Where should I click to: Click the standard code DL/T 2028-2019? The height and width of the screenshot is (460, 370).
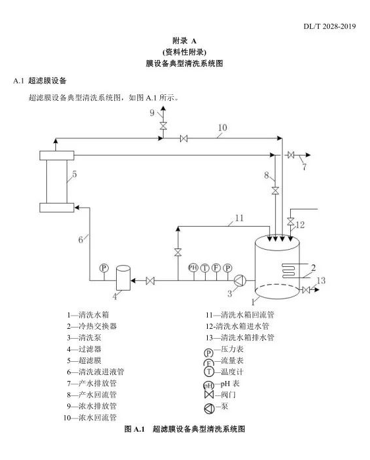pyautogui.click(x=330, y=26)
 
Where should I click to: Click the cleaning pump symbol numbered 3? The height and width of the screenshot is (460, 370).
pyautogui.click(x=240, y=281)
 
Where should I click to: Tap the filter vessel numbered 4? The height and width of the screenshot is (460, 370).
pyautogui.click(x=123, y=278)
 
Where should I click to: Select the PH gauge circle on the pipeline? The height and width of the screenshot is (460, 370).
pyautogui.click(x=193, y=268)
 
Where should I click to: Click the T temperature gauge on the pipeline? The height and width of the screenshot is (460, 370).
pyautogui.click(x=204, y=268)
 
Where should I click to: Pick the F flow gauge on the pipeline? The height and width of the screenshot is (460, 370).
pyautogui.click(x=216, y=268)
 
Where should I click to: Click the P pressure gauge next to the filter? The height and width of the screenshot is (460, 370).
pyautogui.click(x=104, y=268)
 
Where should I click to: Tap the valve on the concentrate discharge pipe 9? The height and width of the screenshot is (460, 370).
pyautogui.click(x=163, y=126)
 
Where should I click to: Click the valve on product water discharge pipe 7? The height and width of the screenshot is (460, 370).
pyautogui.click(x=291, y=155)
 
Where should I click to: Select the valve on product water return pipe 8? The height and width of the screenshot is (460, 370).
pyautogui.click(x=275, y=190)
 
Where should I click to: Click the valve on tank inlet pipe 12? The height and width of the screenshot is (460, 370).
pyautogui.click(x=290, y=221)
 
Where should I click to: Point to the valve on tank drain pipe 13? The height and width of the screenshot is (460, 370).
pyautogui.click(x=305, y=290)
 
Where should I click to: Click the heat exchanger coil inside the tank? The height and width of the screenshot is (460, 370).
pyautogui.click(x=288, y=271)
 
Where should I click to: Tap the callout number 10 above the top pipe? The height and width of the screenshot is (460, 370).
pyautogui.click(x=222, y=128)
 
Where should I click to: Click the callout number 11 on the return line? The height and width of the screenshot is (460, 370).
pyautogui.click(x=239, y=218)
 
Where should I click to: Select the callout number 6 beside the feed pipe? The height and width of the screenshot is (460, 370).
pyautogui.click(x=80, y=240)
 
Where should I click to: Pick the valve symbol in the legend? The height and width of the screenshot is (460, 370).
pyautogui.click(x=209, y=395)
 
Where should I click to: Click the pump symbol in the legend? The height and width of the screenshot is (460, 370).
pyautogui.click(x=209, y=409)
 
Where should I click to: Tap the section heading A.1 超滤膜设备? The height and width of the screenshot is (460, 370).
pyautogui.click(x=40, y=80)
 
